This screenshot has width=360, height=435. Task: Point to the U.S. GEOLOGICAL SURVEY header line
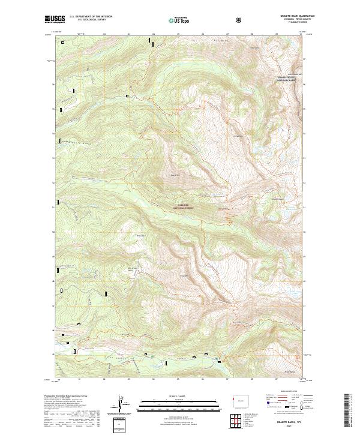tap(88, 21)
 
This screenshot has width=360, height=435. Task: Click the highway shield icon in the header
tap(238, 20)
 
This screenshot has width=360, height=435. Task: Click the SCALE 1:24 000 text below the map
tap(173, 396)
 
